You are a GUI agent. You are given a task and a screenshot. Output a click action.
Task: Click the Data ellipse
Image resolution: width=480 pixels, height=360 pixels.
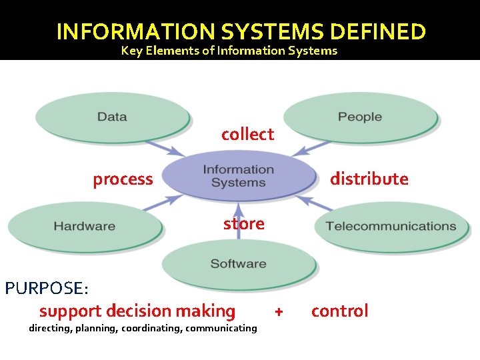point(112,117)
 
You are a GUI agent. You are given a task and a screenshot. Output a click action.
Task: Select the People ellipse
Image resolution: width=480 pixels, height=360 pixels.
point(360,117)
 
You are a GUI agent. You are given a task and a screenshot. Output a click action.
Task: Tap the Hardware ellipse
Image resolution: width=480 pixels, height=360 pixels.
point(84,226)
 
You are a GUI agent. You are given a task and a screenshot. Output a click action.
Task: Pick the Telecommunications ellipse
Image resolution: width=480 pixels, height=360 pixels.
point(391,226)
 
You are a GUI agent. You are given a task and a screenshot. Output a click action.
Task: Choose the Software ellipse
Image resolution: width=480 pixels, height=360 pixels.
point(238,263)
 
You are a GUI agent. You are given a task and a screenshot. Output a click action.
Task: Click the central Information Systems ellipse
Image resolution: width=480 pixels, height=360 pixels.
point(238,176)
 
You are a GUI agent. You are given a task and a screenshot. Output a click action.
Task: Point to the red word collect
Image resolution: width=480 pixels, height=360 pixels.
point(247,134)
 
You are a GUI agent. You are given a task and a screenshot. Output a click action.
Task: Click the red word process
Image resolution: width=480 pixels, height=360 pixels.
point(123,179)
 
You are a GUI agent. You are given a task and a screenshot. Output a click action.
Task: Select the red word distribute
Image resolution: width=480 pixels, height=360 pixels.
point(369,179)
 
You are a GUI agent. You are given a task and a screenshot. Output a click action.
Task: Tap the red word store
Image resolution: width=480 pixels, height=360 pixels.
point(243,223)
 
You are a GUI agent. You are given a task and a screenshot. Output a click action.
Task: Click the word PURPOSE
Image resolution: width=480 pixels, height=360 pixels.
point(46,289)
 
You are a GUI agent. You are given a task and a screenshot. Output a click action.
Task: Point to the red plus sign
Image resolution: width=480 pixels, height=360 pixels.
point(279,311)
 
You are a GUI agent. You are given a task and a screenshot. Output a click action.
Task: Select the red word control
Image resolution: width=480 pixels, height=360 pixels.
point(339,311)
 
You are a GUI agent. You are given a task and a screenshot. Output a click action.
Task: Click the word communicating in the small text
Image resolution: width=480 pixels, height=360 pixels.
point(221,328)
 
